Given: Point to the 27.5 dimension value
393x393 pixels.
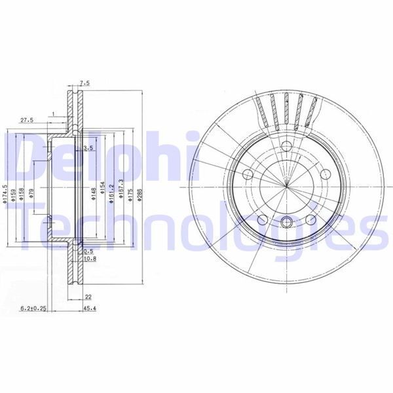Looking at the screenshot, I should pos(27,121).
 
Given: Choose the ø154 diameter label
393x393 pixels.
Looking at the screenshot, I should pos(103,191).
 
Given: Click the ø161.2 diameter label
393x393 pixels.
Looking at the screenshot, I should pos(112,193).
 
